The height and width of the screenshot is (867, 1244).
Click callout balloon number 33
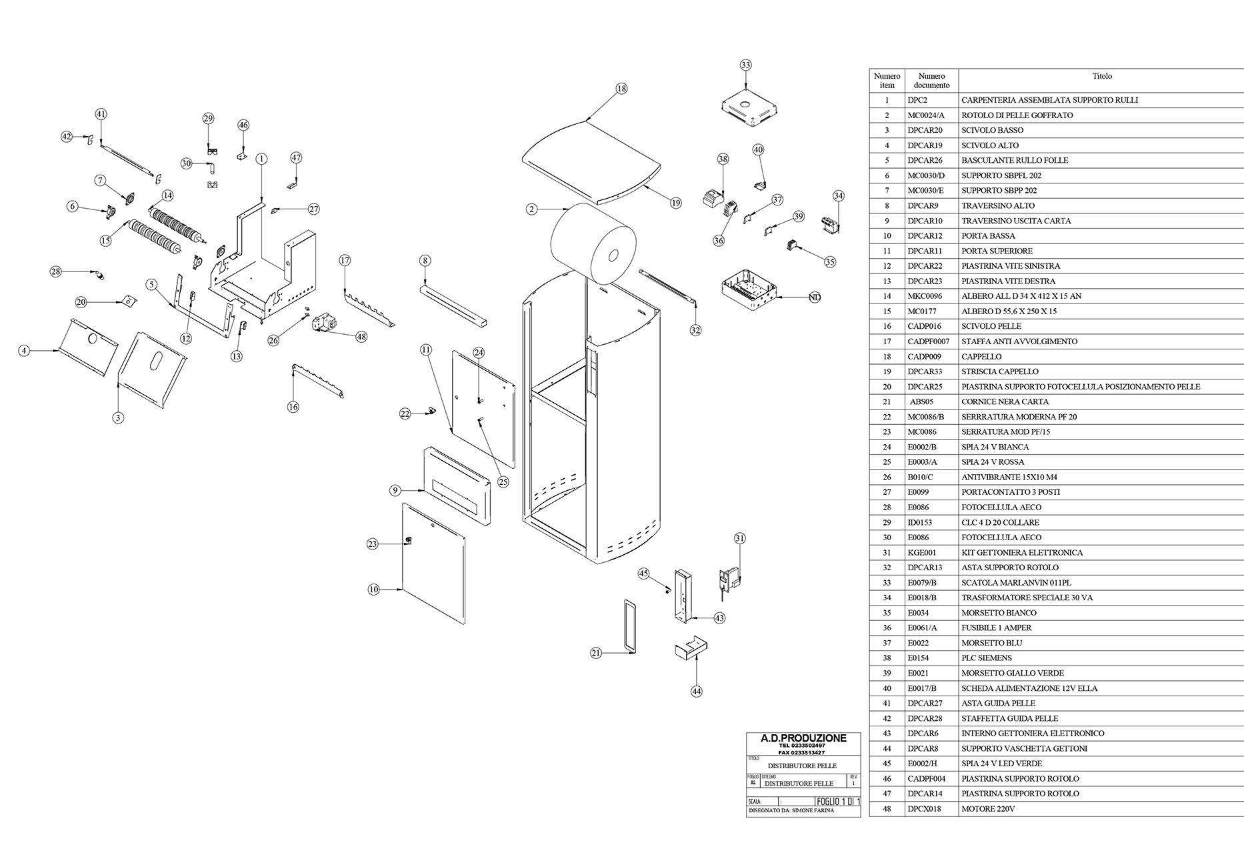[745, 65]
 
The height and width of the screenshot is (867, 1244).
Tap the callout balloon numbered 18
[621, 89]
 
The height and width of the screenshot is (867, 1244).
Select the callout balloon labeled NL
[814, 297]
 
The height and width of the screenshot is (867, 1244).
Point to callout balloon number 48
[361, 337]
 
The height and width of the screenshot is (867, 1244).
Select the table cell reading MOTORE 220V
[988, 809]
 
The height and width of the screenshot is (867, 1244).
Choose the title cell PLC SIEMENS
[987, 658]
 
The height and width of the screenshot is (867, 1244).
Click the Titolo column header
[1102, 77]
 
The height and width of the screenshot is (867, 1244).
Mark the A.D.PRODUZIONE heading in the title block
[803, 738]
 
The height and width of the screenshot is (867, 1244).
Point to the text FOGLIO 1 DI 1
[838, 802]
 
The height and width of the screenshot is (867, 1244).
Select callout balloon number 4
[25, 350]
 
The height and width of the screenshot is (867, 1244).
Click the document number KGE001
[922, 552]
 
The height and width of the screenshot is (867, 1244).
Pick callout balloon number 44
[696, 692]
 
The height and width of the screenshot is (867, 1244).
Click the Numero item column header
[887, 81]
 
